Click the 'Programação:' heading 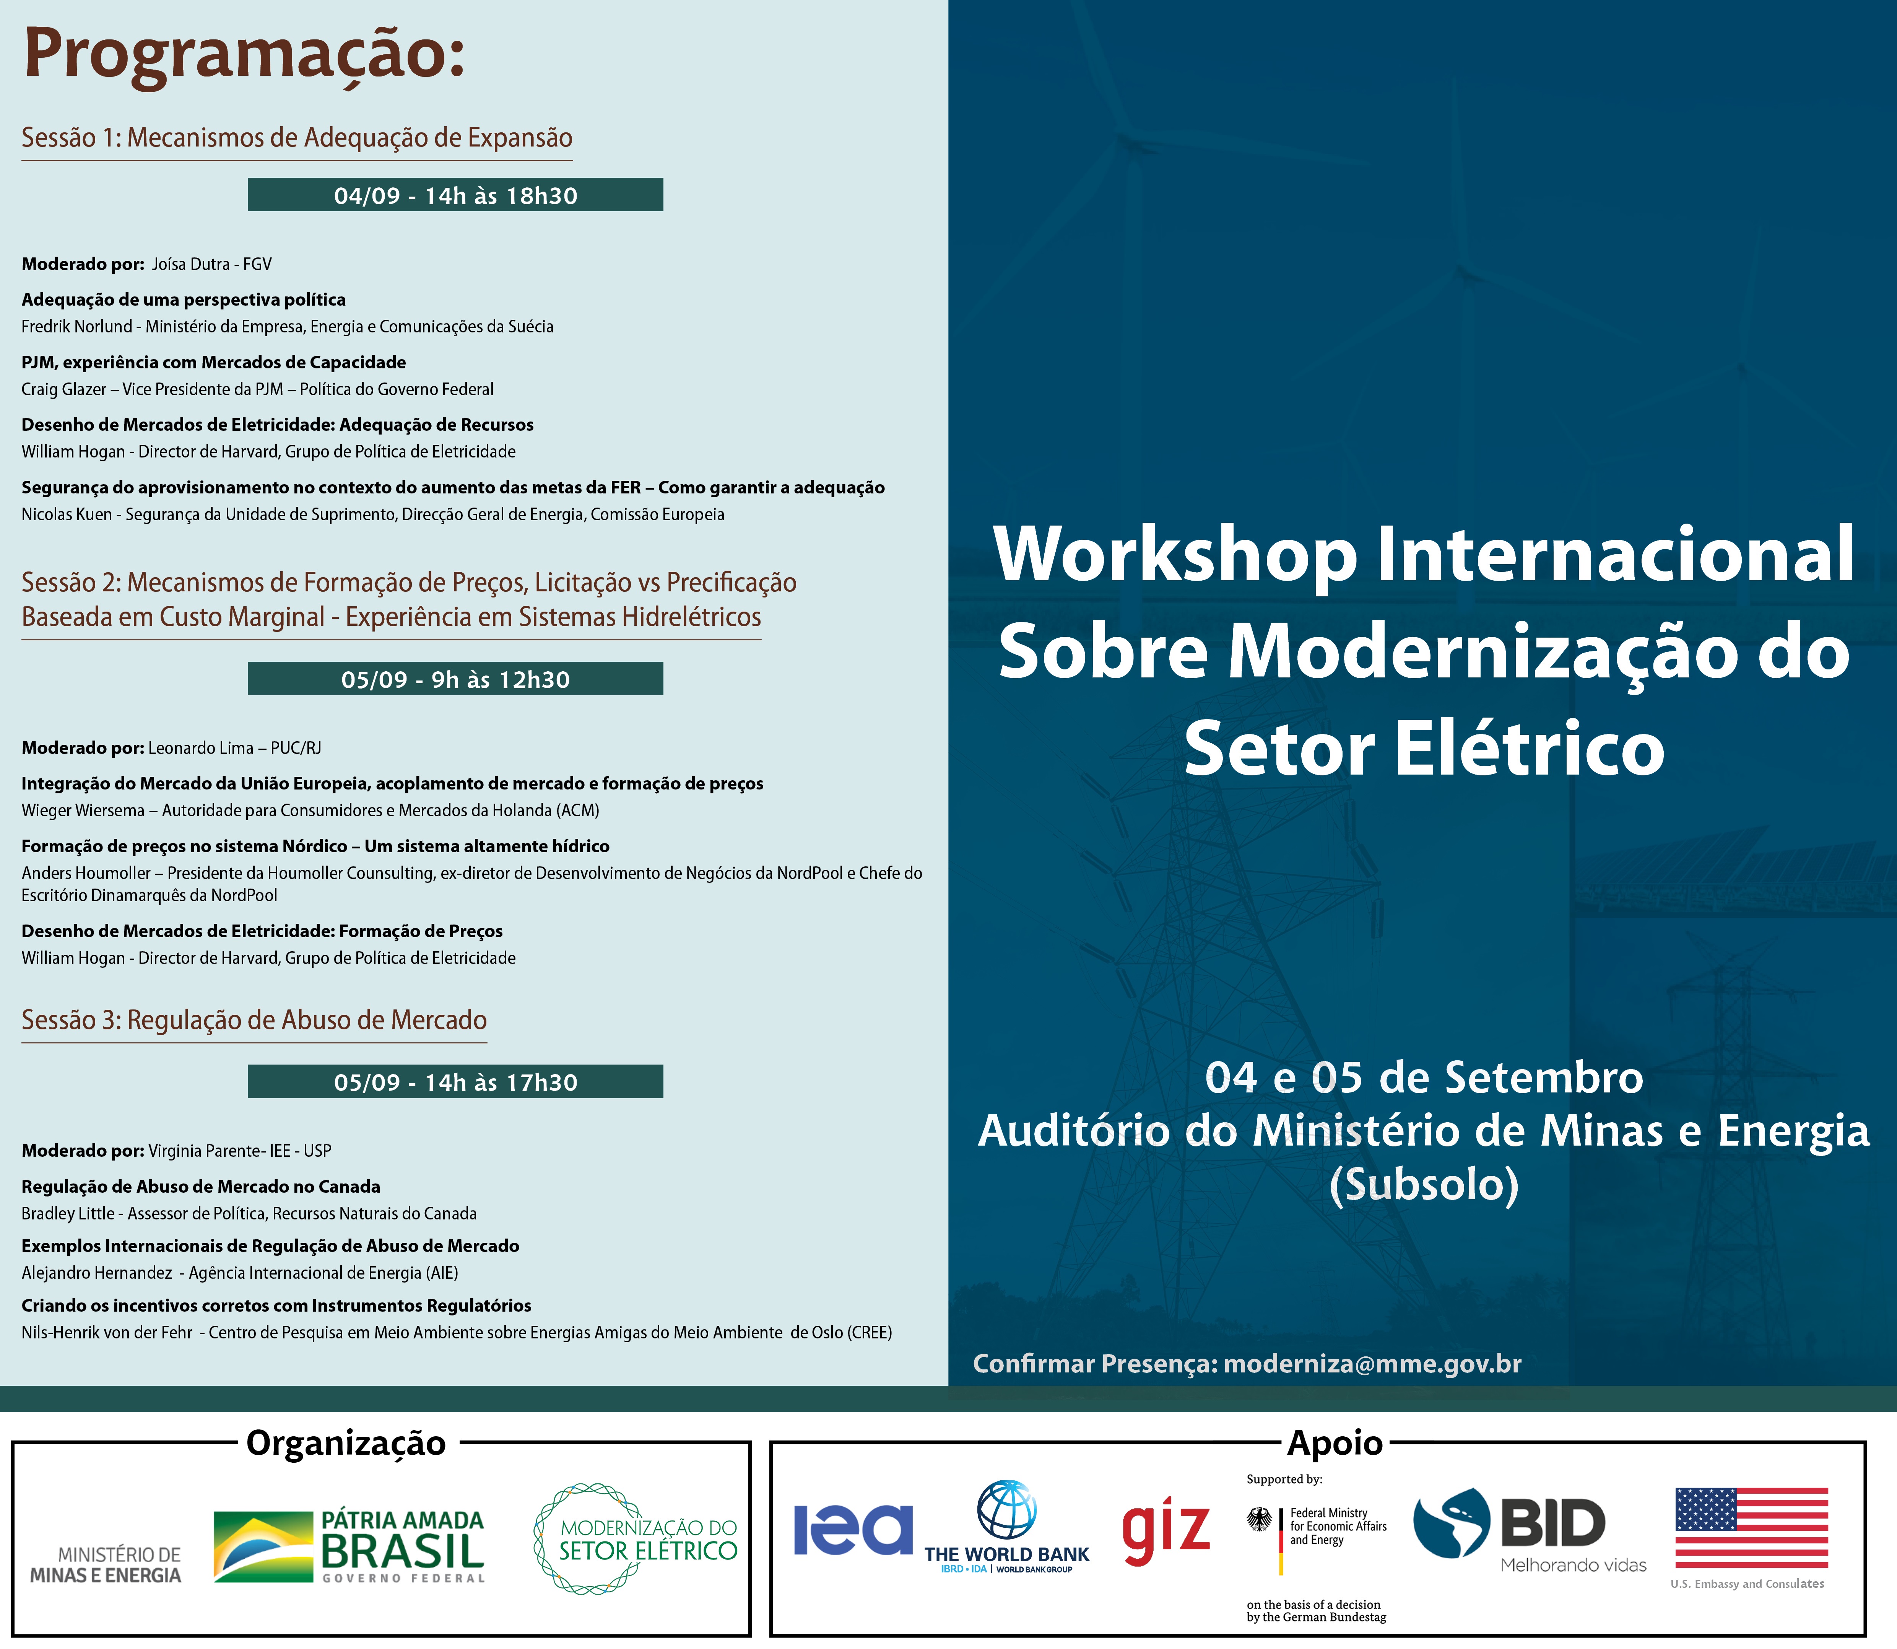click(x=244, y=55)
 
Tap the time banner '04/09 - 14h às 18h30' click(x=455, y=195)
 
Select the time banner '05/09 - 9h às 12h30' click(x=455, y=679)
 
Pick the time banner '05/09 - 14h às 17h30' click(x=455, y=1082)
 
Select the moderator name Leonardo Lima click(x=200, y=748)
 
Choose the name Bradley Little click(x=66, y=1214)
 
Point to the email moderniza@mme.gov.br click(x=1373, y=1364)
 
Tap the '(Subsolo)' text click(x=1424, y=1184)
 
